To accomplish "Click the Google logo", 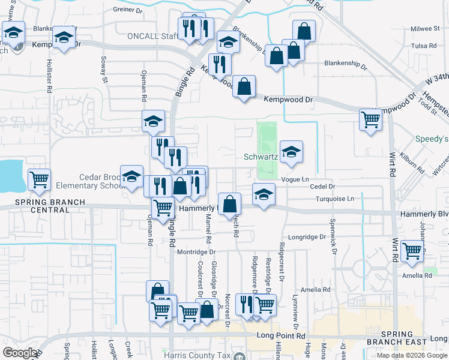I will click(20, 353).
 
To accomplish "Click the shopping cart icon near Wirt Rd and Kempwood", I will click(370, 119).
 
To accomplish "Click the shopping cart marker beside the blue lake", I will click(39, 179).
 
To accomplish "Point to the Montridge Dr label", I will click(196, 253).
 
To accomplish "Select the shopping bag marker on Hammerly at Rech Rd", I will click(229, 204).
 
